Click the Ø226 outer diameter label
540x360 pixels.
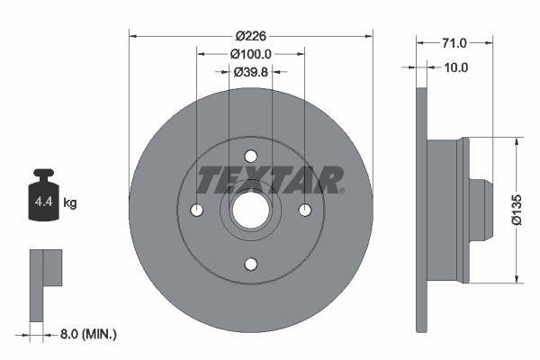coord(251,36)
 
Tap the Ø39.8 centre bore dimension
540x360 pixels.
coord(251,72)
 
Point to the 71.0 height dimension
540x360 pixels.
coord(454,42)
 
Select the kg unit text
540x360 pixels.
coord(70,203)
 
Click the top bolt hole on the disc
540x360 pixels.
coord(251,156)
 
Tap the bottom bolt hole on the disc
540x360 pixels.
coord(251,264)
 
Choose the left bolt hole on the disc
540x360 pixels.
coord(197,210)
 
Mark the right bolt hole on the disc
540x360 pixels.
coord(305,210)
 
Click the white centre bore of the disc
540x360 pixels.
coord(251,210)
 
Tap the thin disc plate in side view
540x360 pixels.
coord(420,210)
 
